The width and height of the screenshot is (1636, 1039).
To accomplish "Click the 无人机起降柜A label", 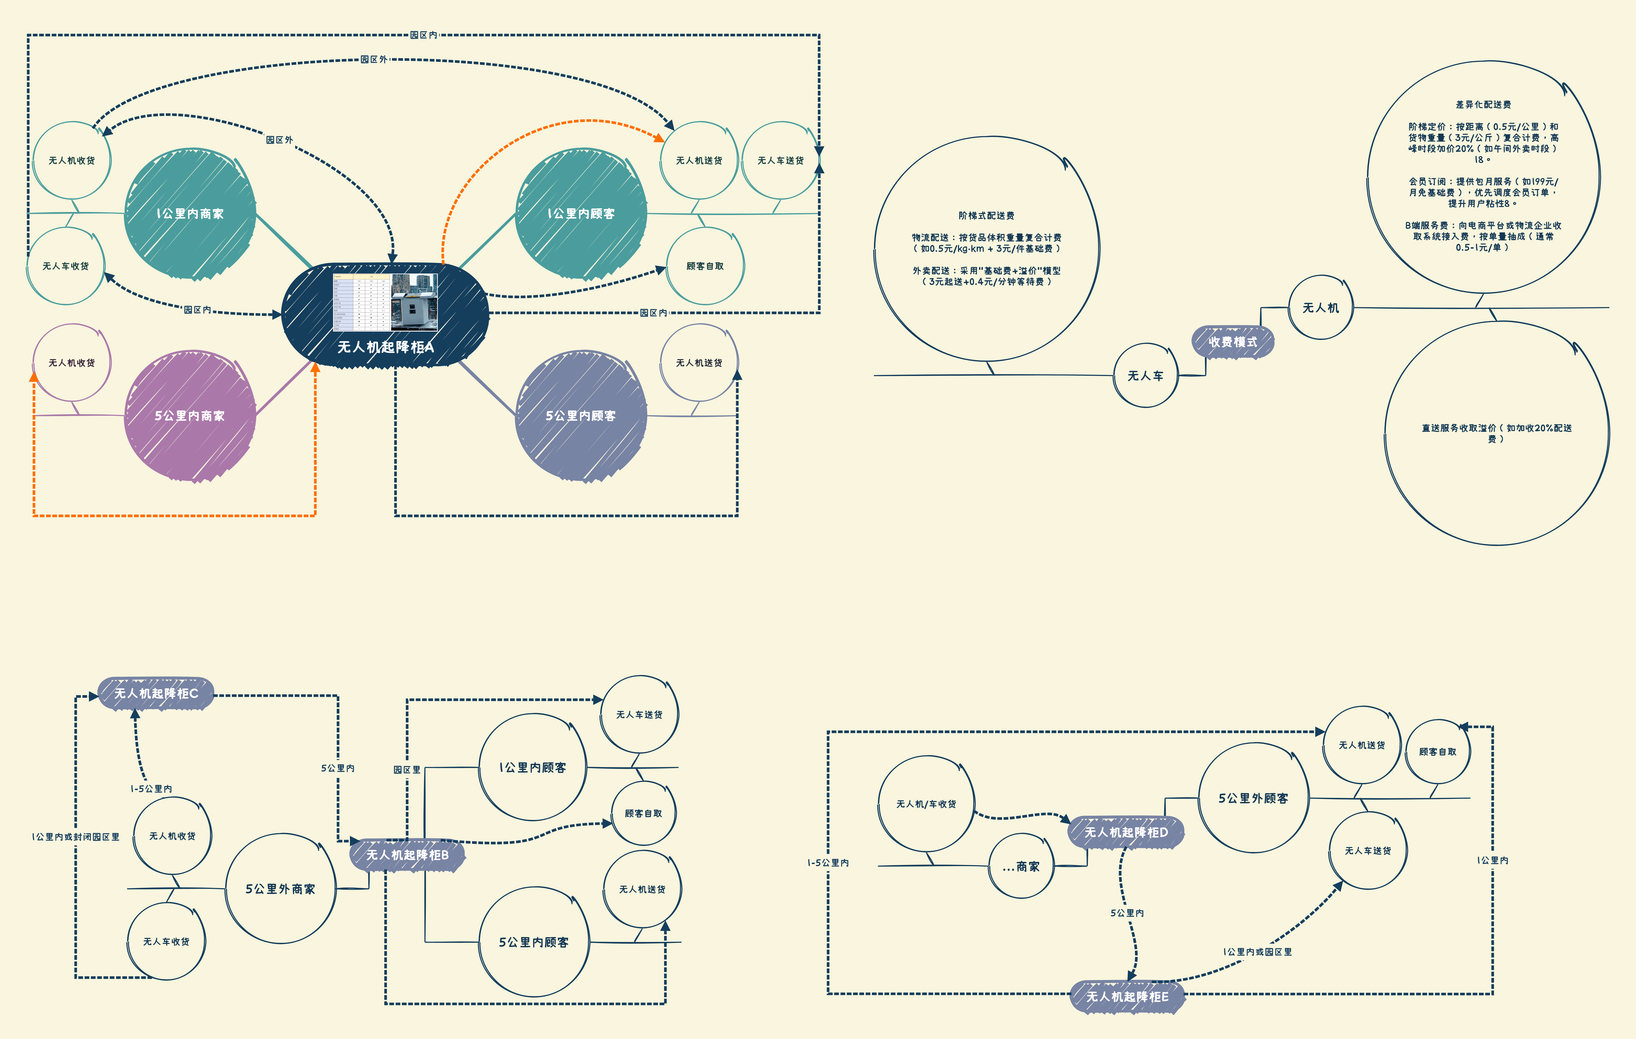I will (385, 347).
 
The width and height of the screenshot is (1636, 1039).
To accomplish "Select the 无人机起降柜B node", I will (407, 855).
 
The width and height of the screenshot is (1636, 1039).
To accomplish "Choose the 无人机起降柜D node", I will (1126, 832).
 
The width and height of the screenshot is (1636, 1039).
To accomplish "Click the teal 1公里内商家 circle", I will (190, 213).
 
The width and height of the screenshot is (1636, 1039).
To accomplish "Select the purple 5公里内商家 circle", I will (190, 416).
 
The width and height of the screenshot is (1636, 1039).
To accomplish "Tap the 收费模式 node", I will (1232, 342).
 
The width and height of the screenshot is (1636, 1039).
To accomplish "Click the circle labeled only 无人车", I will (1145, 376).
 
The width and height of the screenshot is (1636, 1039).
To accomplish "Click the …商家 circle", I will (1021, 866).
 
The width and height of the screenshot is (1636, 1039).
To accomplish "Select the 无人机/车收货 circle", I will (926, 804).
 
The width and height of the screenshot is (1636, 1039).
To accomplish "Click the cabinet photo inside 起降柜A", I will (414, 302).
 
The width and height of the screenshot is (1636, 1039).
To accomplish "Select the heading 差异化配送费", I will (1483, 104).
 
